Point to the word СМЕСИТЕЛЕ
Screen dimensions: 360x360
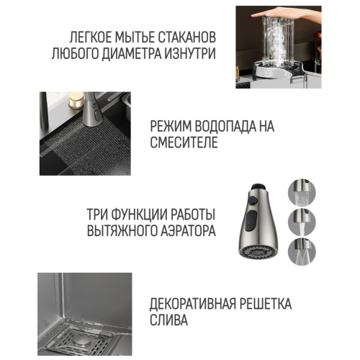184,142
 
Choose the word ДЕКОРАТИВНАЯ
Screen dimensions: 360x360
192,304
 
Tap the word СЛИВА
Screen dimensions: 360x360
168,319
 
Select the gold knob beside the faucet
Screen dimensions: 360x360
75,101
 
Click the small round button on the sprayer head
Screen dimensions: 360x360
252,200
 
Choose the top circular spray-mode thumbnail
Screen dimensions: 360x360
302,193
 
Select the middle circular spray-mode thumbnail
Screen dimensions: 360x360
302,222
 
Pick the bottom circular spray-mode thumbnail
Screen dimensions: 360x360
302,251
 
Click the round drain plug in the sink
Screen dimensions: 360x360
81,341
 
